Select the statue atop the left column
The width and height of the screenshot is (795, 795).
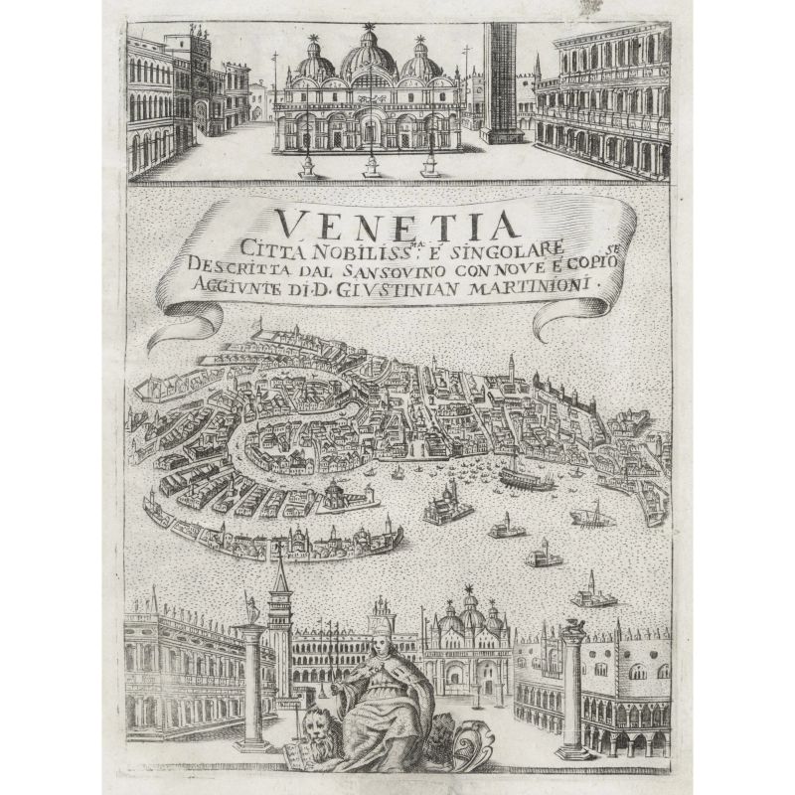pos(251,609)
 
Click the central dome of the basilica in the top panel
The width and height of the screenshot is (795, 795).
pos(369,62)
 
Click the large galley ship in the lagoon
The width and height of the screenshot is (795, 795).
pos(527,479)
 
